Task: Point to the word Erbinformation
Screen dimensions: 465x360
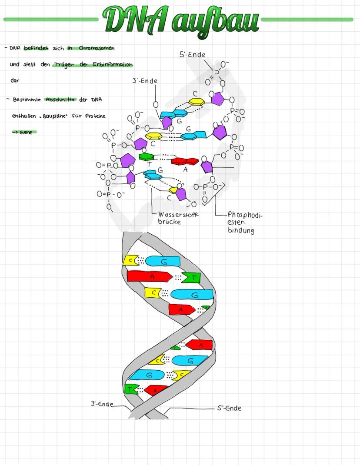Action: point(113,65)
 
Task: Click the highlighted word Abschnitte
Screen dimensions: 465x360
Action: point(60,100)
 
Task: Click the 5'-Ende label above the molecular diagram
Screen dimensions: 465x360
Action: point(192,55)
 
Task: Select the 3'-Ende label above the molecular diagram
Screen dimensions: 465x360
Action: point(145,81)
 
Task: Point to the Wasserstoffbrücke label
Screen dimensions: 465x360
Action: point(176,218)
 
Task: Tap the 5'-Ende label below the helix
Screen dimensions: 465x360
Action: point(229,408)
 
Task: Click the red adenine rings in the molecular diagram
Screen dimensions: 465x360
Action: point(184,161)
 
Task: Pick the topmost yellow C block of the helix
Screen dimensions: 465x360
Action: point(130,260)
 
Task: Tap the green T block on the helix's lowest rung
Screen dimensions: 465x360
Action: point(130,389)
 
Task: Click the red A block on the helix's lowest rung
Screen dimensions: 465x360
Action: point(156,390)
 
